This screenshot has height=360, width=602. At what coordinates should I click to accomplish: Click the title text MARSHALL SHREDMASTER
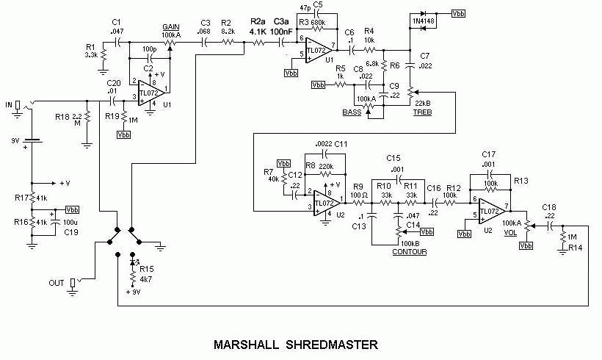pos(297,343)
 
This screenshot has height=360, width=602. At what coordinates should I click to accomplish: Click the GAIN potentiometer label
pos(171,27)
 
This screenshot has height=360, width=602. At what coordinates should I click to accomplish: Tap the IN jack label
pos(7,105)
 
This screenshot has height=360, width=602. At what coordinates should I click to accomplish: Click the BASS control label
pos(352,112)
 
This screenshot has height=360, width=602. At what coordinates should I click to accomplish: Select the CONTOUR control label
pos(408,251)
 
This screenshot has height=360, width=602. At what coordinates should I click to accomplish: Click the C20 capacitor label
pos(113,83)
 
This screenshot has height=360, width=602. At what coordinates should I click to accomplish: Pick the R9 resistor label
pos(358,186)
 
